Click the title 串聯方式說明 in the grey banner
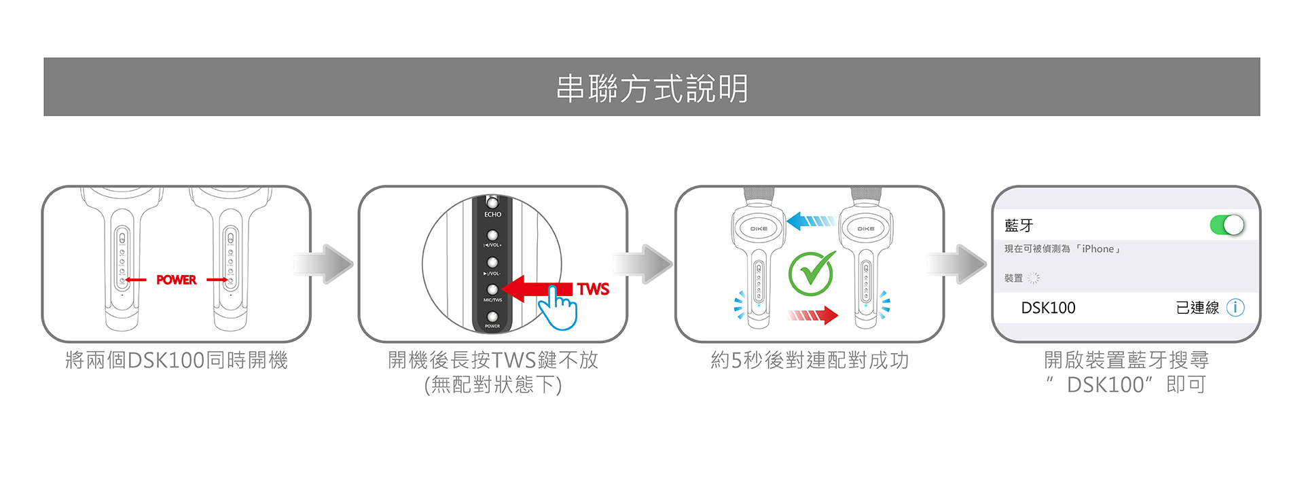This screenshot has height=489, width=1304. click(x=652, y=88)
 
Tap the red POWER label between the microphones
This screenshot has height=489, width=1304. click(x=176, y=280)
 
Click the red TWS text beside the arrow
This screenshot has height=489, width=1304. click(x=593, y=289)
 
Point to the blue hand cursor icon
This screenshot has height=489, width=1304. click(x=558, y=308)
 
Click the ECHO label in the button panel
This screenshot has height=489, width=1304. click(x=492, y=215)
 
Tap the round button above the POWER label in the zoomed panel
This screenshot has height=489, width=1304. click(x=492, y=316)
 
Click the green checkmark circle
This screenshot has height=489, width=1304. click(x=812, y=273)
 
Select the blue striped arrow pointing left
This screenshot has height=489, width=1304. click(x=810, y=221)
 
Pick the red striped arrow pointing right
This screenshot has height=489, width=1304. click(x=813, y=315)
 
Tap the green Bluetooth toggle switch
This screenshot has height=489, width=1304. click(x=1227, y=225)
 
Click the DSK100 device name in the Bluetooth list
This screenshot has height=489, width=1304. click(x=1048, y=308)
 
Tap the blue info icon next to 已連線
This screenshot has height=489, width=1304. click(x=1235, y=308)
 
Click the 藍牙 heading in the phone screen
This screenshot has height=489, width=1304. click(x=1019, y=225)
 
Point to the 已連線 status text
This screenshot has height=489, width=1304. click(x=1197, y=308)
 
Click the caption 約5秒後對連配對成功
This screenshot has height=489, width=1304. click(x=810, y=360)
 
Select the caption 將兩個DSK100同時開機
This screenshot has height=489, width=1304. click(x=177, y=360)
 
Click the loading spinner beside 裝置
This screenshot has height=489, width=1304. click(x=1033, y=278)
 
